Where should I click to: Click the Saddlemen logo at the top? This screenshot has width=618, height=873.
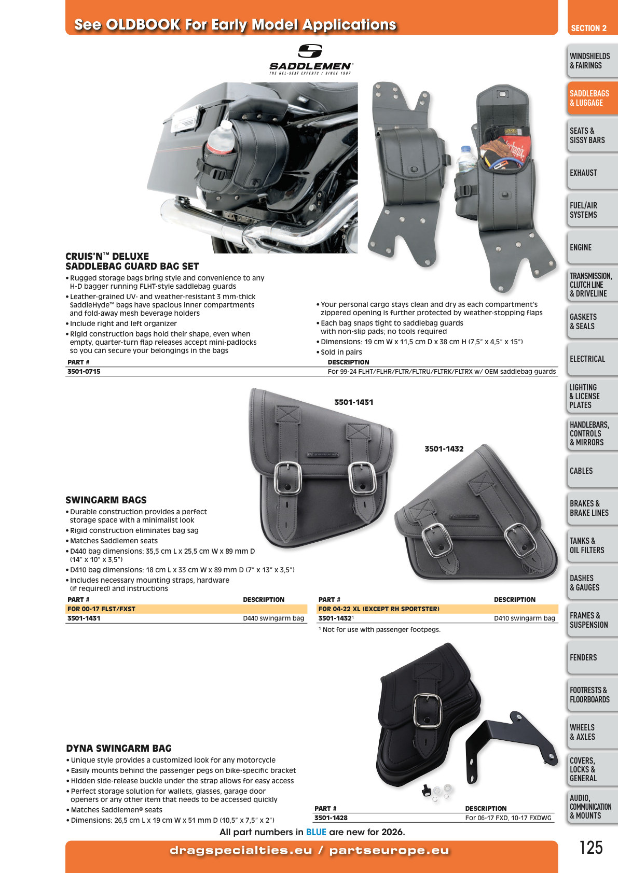pyautogui.click(x=311, y=59)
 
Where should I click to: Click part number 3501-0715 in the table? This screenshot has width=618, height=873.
pyautogui.click(x=84, y=371)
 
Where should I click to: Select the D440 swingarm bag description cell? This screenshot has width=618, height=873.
pyautogui.click(x=273, y=618)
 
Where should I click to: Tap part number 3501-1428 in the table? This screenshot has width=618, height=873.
pyautogui.click(x=331, y=818)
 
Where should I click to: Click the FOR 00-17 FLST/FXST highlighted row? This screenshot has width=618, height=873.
pyautogui.click(x=186, y=609)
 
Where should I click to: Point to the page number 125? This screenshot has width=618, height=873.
pyautogui.click(x=591, y=848)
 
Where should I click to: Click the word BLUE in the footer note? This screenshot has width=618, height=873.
pyautogui.click(x=316, y=832)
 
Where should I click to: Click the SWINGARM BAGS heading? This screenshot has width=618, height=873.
pyautogui.click(x=106, y=500)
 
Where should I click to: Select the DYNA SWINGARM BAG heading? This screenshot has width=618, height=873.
pyautogui.click(x=119, y=748)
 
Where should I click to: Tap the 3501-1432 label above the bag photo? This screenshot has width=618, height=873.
pyautogui.click(x=444, y=449)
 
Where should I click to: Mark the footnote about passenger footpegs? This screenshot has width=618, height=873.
pyautogui.click(x=379, y=629)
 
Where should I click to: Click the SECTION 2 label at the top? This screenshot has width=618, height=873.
pyautogui.click(x=589, y=28)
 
